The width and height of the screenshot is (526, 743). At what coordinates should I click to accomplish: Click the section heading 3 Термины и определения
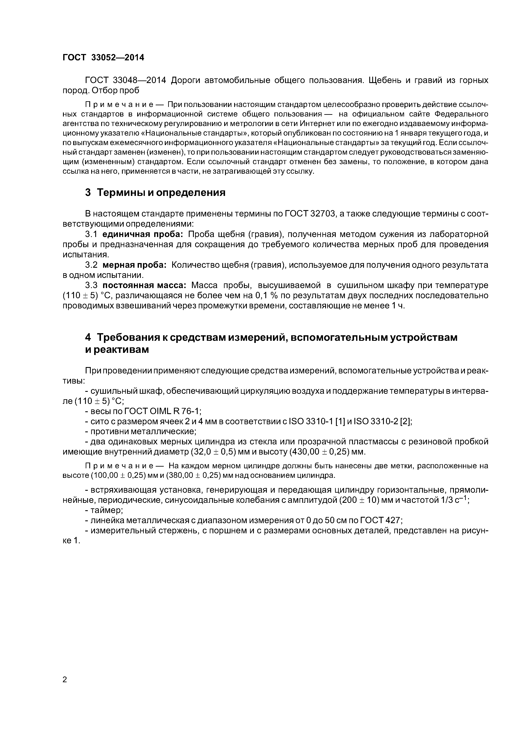(x=155, y=193)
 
